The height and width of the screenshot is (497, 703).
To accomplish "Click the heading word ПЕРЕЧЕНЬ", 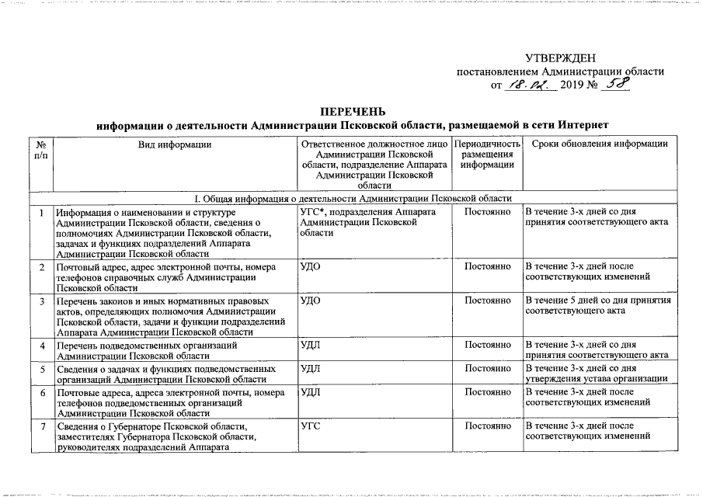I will click(353, 111).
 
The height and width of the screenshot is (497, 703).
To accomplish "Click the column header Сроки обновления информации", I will click(597, 144).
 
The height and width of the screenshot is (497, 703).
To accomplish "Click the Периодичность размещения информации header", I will click(486, 155).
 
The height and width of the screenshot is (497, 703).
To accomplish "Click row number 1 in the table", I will click(41, 212).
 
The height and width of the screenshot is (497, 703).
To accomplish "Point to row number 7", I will click(41, 426).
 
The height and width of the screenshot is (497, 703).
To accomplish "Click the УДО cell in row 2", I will click(311, 267).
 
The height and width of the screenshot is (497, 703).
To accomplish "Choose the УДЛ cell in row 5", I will click(311, 368).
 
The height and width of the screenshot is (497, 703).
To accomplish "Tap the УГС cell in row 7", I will click(311, 426).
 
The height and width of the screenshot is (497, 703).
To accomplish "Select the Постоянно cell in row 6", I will click(486, 392).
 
